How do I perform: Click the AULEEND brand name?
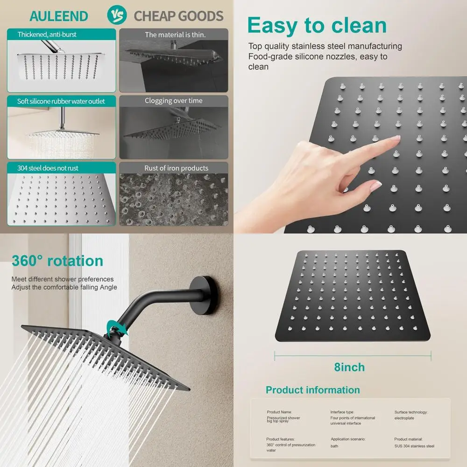point(58,16)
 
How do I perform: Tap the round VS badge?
point(117,15)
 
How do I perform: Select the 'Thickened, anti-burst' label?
point(47,35)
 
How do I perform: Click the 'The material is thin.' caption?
point(175,35)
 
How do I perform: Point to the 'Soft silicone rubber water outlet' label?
point(61,101)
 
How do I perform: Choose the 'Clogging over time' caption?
point(174,101)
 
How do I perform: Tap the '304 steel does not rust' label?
point(48,168)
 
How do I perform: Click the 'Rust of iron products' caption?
point(177,168)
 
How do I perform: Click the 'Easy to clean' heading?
point(317,25)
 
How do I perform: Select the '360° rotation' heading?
point(57,261)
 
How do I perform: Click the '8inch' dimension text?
point(350,367)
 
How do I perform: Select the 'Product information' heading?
point(313,390)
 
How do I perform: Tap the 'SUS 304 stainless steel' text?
point(414,446)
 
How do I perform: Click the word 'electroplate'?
point(405,418)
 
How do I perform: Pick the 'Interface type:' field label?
point(342,412)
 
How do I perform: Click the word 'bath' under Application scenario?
point(334,446)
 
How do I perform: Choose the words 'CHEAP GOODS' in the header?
point(179,16)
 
